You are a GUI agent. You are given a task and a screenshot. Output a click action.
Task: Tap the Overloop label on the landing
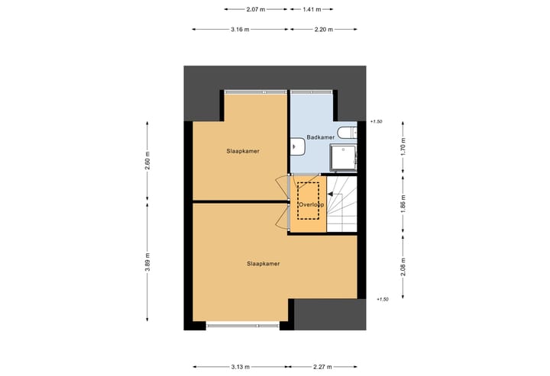(311, 204)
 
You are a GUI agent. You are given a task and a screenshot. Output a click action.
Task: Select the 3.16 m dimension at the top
(241, 29)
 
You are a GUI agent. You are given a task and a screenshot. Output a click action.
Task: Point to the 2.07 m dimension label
(256, 9)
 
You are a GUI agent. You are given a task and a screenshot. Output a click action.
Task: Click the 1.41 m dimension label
(312, 9)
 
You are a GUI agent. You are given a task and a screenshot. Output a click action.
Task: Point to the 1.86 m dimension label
(403, 204)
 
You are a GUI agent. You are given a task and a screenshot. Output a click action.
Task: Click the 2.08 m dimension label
(403, 268)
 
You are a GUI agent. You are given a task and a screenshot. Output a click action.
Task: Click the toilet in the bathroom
(348, 133)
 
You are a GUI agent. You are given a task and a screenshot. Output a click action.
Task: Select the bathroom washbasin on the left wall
(296, 145)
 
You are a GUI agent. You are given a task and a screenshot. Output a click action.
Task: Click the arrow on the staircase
(330, 196)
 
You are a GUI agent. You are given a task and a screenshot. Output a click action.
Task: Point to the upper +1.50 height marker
(375, 121)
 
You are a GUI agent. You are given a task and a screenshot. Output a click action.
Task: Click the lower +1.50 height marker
(383, 300)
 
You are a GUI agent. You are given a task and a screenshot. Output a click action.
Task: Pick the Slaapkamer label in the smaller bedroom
(243, 151)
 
